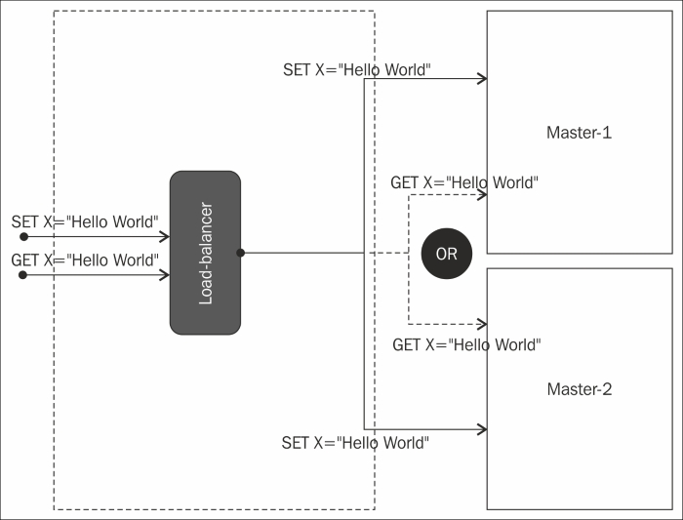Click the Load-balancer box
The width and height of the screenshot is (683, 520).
click(x=205, y=253)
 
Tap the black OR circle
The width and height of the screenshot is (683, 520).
click(x=447, y=254)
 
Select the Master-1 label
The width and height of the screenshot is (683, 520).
click(x=579, y=133)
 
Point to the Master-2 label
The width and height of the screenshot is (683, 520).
click(x=580, y=389)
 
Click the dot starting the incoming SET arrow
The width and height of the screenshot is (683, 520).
click(x=24, y=236)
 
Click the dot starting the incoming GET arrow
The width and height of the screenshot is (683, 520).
click(x=23, y=275)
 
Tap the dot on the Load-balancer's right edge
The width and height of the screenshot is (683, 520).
click(x=240, y=253)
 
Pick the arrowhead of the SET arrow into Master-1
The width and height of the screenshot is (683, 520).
click(x=482, y=79)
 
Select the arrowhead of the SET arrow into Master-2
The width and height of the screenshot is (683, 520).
click(x=482, y=429)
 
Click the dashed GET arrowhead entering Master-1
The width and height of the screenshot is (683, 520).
click(x=482, y=195)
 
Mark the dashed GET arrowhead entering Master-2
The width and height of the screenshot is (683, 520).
click(x=482, y=324)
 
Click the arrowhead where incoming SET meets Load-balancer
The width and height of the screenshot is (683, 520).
click(x=164, y=236)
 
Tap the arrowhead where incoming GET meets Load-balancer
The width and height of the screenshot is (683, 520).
click(x=164, y=275)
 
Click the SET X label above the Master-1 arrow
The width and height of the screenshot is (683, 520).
click(x=357, y=69)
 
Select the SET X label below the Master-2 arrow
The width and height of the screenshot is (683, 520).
click(x=355, y=443)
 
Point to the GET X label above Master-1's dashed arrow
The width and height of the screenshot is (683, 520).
click(x=464, y=182)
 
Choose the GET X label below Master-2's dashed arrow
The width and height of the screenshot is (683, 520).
click(x=466, y=345)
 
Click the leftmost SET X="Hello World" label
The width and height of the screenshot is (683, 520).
click(x=85, y=221)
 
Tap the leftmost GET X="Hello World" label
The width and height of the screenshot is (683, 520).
click(x=85, y=260)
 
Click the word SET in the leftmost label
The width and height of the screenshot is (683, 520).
click(x=24, y=221)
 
